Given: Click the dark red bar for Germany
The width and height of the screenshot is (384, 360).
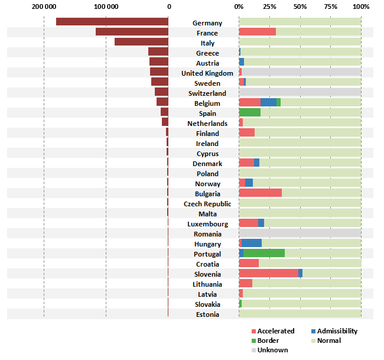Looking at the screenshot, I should tap(112, 22).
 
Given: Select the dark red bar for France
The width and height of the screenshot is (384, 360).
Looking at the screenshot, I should tap(132, 32).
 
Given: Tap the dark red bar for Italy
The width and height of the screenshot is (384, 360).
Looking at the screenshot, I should tap(141, 42).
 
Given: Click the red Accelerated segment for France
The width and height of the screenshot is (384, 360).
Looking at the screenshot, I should tap(257, 32).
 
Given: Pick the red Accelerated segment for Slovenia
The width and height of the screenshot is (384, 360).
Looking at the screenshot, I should tap(268, 273).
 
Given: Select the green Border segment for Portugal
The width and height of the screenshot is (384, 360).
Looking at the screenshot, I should tap(263, 253).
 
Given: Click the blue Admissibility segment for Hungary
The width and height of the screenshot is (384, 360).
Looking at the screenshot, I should tap(252, 243).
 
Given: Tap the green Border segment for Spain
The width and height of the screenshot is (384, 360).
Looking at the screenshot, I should tap(249, 112).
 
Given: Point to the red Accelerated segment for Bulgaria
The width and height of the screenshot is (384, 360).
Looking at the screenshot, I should tap(260, 193).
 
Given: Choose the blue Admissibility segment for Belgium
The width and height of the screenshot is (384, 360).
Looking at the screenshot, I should tap(268, 102).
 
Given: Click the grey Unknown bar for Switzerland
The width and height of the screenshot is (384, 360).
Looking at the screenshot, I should tap(300, 92).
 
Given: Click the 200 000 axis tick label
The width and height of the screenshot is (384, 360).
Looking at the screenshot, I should tap(44, 7).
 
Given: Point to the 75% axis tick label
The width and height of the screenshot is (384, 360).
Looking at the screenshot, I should tap(330, 7).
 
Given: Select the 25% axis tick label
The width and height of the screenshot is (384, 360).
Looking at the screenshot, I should tap(269, 7).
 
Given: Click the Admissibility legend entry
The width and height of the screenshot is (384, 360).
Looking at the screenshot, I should tap(334, 331).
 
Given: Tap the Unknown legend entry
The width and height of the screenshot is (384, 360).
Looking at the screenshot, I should tap(272, 350).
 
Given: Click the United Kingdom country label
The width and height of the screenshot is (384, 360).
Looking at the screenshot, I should tap(207, 73).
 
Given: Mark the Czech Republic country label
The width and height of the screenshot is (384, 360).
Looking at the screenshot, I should tap(207, 204).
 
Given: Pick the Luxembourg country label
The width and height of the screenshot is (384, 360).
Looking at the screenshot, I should tap(207, 224).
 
